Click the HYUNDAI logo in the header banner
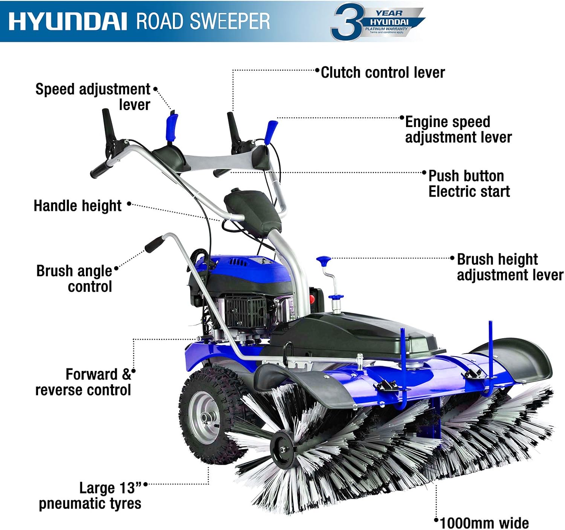tap(68, 21)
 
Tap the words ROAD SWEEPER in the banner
tap(203, 21)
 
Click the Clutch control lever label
tap(383, 72)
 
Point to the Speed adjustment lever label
tap(93, 97)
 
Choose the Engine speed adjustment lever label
tap(458, 130)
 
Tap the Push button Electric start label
tap(469, 184)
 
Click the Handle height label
tap(77, 205)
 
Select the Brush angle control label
tap(74, 279)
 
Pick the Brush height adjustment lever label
tap(510, 267)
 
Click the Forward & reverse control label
tap(83, 382)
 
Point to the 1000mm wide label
tap(484, 523)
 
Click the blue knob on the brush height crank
tap(324, 260)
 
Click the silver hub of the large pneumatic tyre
tap(204, 418)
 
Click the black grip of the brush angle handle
tap(155, 245)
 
